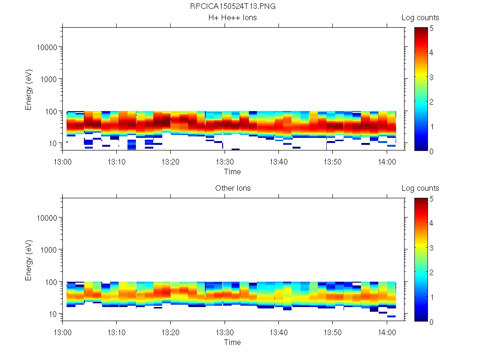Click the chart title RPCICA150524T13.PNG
(x=233, y=7)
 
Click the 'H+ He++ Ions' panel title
(x=233, y=18)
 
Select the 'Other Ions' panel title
(x=233, y=188)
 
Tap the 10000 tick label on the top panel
(x=46, y=47)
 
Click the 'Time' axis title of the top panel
(x=232, y=172)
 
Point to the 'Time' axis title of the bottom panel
(x=232, y=342)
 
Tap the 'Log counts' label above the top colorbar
(x=420, y=18)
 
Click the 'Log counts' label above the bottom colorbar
(x=420, y=188)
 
